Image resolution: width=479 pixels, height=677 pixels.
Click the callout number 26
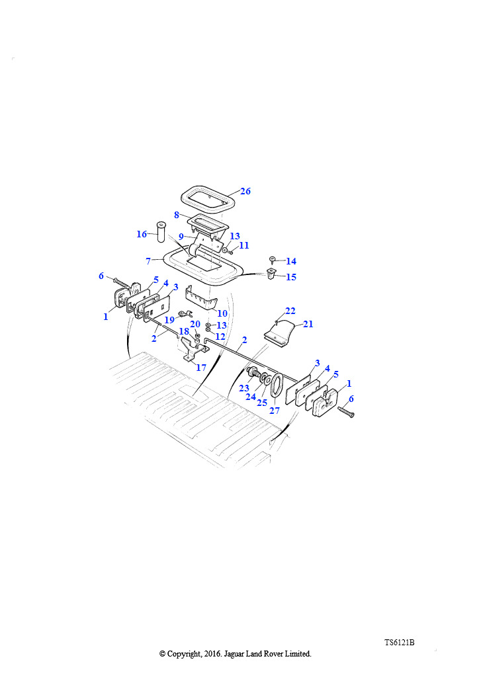[245, 191]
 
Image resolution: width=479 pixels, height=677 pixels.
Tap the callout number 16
[142, 234]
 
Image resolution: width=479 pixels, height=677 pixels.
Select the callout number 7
[148, 261]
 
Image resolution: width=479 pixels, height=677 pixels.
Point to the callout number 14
[291, 261]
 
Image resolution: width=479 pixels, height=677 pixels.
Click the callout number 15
[291, 277]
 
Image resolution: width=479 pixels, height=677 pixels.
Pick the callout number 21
[308, 324]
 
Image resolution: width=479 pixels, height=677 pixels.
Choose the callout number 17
[201, 368]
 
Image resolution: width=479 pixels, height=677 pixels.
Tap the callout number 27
[275, 410]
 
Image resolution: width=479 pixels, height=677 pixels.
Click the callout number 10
[222, 313]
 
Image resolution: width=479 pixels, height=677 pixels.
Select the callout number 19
[169, 320]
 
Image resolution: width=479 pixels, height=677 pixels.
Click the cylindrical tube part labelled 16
[162, 232]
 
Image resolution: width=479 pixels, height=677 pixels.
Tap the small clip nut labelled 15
[271, 274]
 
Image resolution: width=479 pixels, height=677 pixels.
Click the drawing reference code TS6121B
[400, 643]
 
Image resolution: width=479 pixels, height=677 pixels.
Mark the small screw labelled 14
[272, 259]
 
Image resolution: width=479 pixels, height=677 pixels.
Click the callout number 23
[244, 388]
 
